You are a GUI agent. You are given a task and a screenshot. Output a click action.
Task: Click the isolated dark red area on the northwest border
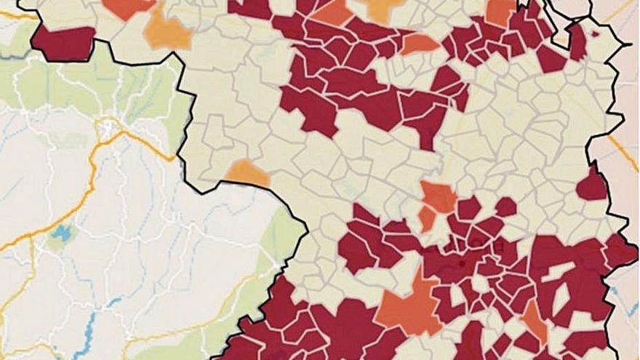point(64,43)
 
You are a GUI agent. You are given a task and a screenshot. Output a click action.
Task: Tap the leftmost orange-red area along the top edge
point(129,8)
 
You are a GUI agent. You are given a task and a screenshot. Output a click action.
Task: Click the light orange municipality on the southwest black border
point(247,173)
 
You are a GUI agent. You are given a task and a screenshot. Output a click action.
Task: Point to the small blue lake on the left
point(60,234)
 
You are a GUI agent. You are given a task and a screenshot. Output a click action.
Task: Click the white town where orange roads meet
point(110,130)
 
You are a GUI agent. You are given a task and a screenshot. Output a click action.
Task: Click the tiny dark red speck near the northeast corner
point(596,33)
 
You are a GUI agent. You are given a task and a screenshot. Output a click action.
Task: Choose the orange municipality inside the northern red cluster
point(420,44)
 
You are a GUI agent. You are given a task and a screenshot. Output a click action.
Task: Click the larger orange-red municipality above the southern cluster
point(439,196)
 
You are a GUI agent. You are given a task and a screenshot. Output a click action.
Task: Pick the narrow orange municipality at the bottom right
point(534,320)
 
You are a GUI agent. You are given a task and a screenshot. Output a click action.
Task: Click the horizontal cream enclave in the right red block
point(556,269)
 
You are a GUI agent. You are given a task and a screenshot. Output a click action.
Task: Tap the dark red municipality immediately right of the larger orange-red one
point(468,208)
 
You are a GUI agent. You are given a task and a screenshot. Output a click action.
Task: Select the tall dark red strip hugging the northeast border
point(577,43)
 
